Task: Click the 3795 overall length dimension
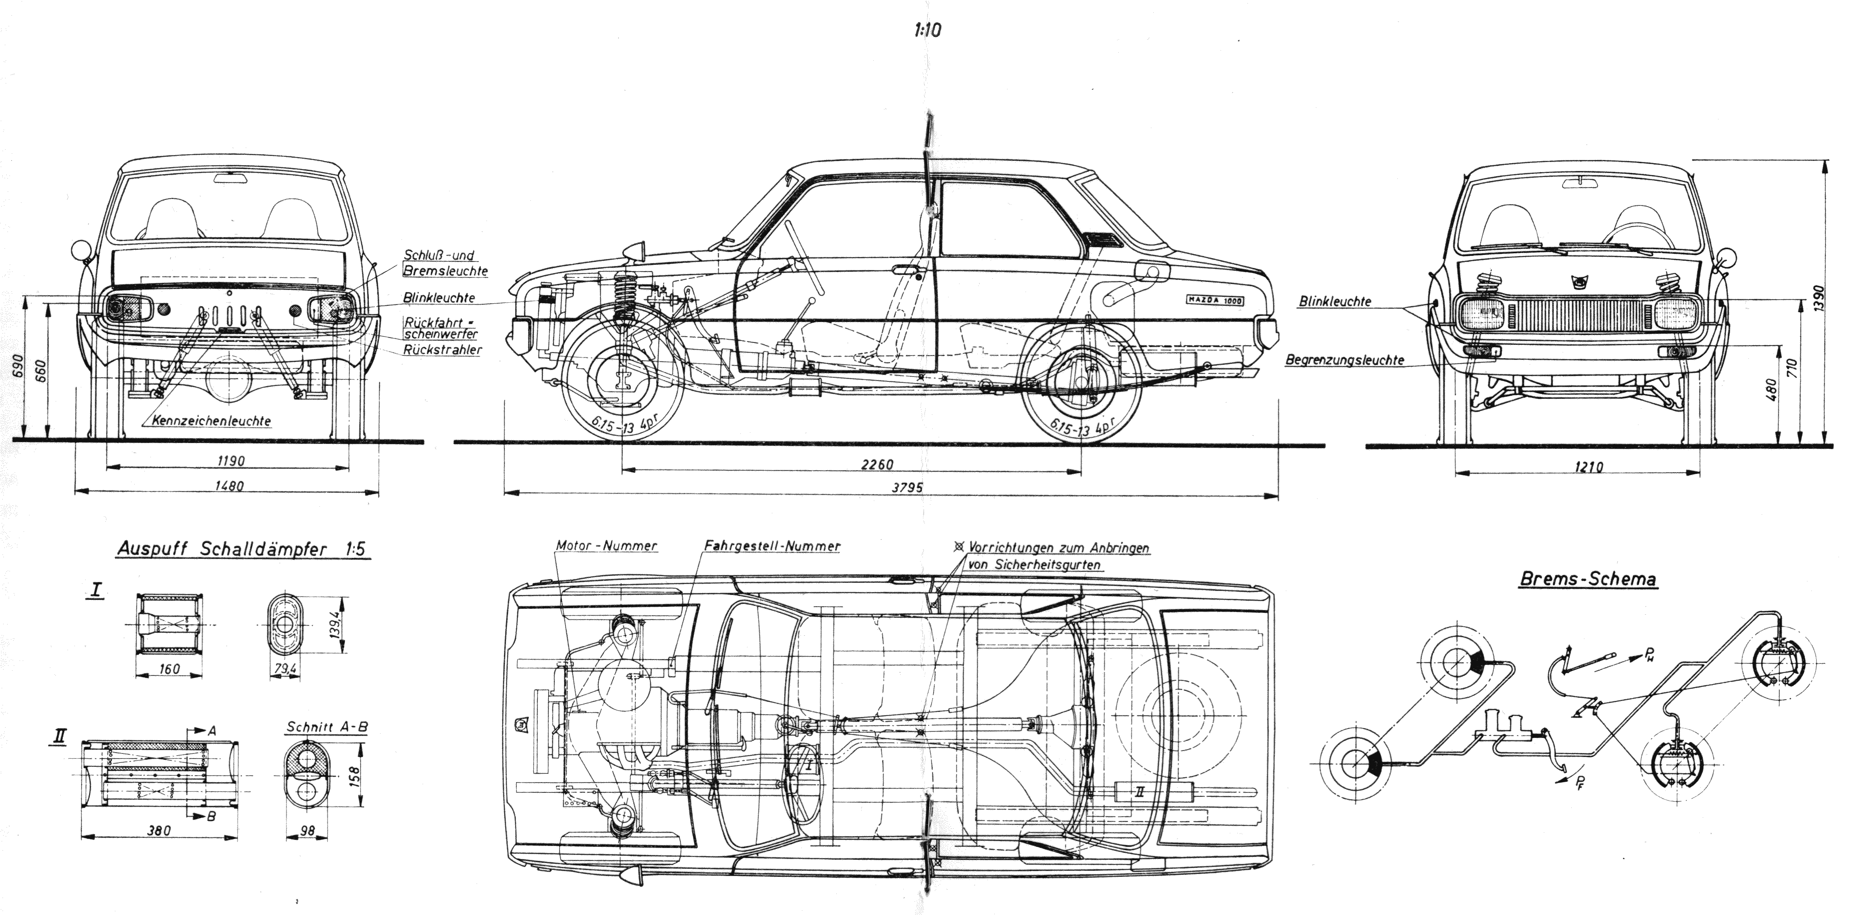point(907,487)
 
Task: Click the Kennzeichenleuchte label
point(211,421)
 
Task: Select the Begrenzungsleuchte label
point(1344,360)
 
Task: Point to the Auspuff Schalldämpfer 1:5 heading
point(242,550)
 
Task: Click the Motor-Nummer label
point(606,545)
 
